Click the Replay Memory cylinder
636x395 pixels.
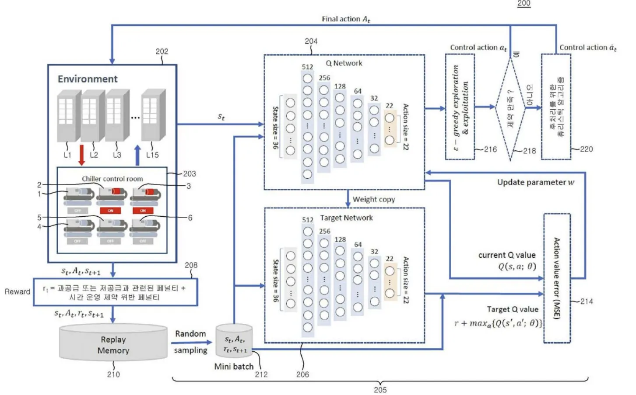[x=113, y=343]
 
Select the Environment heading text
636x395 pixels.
[x=88, y=79]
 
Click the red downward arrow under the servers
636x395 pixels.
[x=81, y=156]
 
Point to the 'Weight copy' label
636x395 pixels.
[x=373, y=199]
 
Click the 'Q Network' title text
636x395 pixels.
[x=344, y=63]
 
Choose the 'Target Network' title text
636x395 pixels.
[x=346, y=218]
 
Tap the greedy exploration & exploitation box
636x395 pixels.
[x=460, y=107]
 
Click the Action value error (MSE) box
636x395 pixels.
[x=557, y=278]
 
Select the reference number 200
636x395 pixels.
[x=524, y=3]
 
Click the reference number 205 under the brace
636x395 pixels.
[x=380, y=390]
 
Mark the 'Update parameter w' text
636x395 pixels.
[x=535, y=182]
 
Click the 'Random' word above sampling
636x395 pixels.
[x=190, y=334]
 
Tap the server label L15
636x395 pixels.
[x=152, y=155]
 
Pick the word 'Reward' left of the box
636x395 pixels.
[x=18, y=291]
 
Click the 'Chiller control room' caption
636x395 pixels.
[x=112, y=179]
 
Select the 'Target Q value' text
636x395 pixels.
[x=513, y=309]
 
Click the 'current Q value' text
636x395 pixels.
[x=507, y=255]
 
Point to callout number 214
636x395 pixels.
[x=587, y=301]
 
